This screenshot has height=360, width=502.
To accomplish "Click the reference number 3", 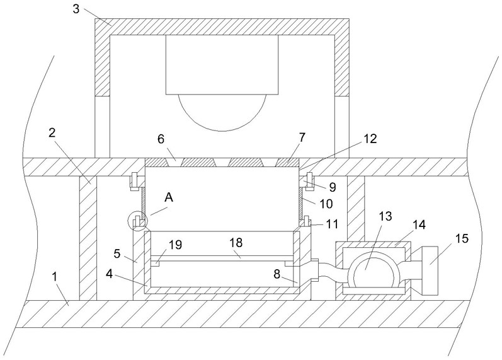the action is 76,9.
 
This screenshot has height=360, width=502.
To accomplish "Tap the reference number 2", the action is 52,133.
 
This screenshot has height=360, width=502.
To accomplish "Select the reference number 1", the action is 55,276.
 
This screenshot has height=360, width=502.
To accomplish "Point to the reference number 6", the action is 161,139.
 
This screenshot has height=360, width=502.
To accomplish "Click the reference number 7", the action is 302,137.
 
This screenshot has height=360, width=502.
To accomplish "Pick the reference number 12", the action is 370,139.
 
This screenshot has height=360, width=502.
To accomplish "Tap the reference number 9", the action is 333,187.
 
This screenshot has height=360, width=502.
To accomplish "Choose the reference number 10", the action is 326,204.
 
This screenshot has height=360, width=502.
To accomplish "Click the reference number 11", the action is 332,224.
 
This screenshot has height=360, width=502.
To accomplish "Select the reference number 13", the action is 385,216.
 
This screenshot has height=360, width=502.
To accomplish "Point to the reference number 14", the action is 419,224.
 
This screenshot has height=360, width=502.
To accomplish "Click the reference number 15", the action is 462,238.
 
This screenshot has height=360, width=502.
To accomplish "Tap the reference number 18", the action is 236,243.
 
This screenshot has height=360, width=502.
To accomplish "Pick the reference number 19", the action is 175,245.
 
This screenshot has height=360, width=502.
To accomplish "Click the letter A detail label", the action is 169,198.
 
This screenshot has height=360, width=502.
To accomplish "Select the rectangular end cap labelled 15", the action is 430,271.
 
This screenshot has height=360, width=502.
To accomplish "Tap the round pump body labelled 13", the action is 373,270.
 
